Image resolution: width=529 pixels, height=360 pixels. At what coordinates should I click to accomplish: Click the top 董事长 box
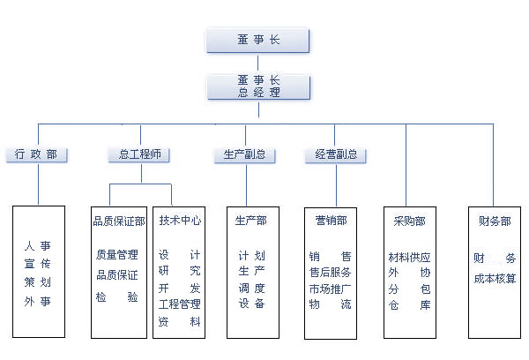tap(258, 40)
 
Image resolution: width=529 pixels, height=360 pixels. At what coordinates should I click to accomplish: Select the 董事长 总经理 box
tap(258, 86)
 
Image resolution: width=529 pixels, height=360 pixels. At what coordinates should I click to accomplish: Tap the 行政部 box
tap(36, 154)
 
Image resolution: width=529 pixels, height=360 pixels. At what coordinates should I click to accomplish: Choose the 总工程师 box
tap(138, 154)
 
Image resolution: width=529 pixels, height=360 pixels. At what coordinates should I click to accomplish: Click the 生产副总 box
tap(244, 154)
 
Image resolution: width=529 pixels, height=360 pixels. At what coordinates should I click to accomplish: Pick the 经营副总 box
tap(336, 154)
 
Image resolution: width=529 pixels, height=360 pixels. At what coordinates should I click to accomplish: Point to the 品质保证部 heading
tap(119, 221)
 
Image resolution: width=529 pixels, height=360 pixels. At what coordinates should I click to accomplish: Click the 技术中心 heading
tap(180, 221)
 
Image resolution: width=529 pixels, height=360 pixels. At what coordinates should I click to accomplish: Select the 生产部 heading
tap(251, 221)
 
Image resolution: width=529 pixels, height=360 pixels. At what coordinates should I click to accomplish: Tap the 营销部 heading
tap(331, 221)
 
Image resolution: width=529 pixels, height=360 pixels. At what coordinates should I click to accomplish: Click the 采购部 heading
tap(409, 221)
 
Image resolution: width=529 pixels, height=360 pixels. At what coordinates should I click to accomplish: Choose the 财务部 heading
tap(494, 221)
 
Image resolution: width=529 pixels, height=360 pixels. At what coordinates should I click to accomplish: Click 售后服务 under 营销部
tap(331, 273)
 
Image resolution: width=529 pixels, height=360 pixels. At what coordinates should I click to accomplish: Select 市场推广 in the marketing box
tap(331, 289)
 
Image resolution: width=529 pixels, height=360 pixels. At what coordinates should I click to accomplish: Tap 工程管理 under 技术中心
tap(180, 304)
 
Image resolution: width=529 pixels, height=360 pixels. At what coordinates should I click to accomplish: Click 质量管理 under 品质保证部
tap(117, 256)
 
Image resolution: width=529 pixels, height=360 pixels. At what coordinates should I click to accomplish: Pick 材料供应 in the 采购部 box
tap(410, 258)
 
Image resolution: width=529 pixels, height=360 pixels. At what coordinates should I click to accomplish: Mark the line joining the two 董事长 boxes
tap(258, 63)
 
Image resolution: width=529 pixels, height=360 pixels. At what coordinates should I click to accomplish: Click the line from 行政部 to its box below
tap(37, 184)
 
